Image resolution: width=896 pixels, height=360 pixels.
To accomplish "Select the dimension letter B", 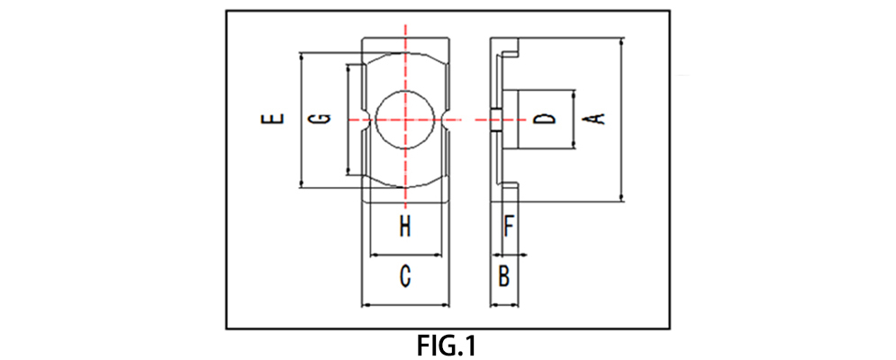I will [x=504, y=276].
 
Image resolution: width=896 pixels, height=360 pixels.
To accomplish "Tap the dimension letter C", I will [x=405, y=276].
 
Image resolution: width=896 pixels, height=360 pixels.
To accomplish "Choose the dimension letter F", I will [x=509, y=225].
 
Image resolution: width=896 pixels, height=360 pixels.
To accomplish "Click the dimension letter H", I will [x=405, y=226].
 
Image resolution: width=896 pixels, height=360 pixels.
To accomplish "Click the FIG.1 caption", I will [x=448, y=346].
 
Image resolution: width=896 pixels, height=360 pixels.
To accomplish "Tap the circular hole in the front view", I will [x=406, y=120].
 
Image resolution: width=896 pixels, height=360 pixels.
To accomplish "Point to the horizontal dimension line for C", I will [x=405, y=304].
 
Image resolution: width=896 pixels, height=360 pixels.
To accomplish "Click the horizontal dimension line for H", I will [x=407, y=254].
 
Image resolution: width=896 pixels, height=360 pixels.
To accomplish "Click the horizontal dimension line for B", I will [x=506, y=305].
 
